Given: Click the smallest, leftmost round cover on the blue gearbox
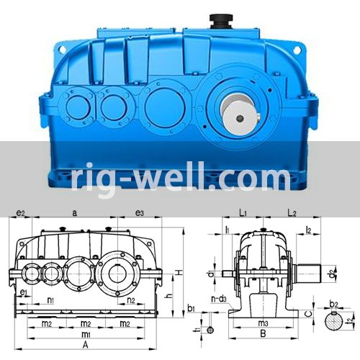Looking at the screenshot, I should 76,107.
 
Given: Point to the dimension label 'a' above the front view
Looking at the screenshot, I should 74,213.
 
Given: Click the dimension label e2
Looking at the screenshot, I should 22,213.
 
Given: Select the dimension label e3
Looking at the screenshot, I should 140,213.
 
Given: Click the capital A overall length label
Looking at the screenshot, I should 85,345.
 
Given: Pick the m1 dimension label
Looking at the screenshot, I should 85,335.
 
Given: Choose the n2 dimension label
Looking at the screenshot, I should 132,300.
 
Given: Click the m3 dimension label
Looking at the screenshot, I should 264,323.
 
